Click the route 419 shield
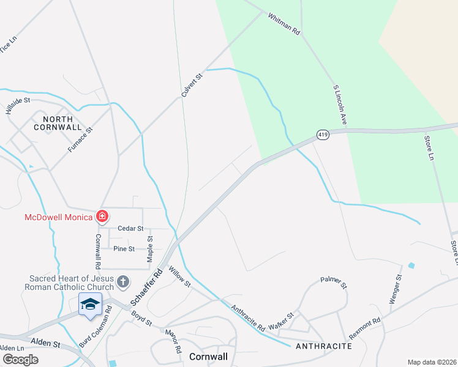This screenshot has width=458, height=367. click(x=323, y=135)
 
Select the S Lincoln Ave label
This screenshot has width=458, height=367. click(x=340, y=106)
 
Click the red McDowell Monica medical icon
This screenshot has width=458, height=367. click(x=102, y=217)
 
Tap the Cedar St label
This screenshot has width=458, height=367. click(x=130, y=228)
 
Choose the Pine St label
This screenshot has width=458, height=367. click(x=124, y=248)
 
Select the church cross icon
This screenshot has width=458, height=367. click(x=122, y=282)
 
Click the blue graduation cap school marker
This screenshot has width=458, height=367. click(x=90, y=304)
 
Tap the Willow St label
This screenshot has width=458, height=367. click(x=180, y=276)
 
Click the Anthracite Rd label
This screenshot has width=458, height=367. click(x=247, y=318)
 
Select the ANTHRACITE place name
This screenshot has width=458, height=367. click(x=323, y=346)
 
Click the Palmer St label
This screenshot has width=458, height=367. click(x=334, y=283)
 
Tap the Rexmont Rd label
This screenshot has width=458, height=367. click(x=365, y=328)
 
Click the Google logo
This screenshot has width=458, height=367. click(x=20, y=360)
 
